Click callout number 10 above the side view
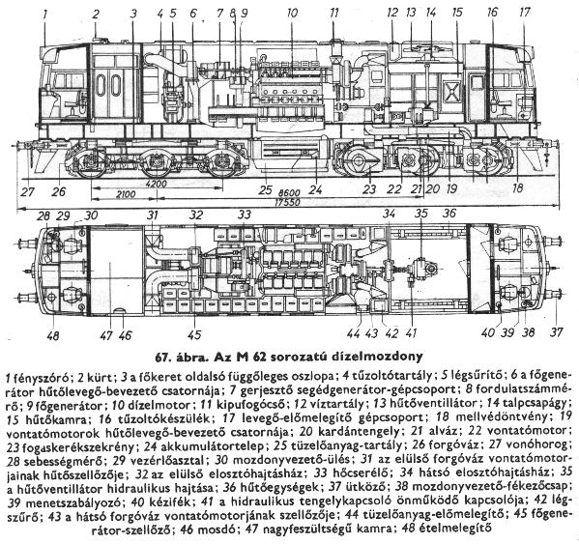pyautogui.click(x=292, y=14)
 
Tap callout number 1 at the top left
pyautogui.click(x=45, y=14)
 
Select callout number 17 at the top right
pyautogui.click(x=525, y=13)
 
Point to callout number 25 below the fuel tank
pyautogui.click(x=265, y=190)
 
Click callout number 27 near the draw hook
pyautogui.click(x=28, y=192)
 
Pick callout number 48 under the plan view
pyautogui.click(x=53, y=336)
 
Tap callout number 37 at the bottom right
pyautogui.click(x=557, y=332)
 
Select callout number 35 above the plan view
pyautogui.click(x=421, y=214)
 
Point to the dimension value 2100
pyautogui.click(x=126, y=194)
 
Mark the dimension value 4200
pyautogui.click(x=157, y=184)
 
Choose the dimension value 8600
pyautogui.click(x=289, y=193)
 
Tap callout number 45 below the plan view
pyautogui.click(x=194, y=334)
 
